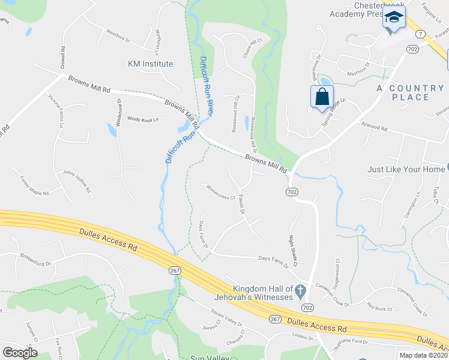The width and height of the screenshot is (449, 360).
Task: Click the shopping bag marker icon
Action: (x=322, y=97)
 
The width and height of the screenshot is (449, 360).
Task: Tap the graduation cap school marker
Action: (x=394, y=19)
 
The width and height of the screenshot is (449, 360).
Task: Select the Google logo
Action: (x=20, y=353)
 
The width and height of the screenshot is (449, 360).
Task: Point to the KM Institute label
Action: (x=150, y=64)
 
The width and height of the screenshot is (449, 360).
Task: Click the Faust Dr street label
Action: (x=241, y=203)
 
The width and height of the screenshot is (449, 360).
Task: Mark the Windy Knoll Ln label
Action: (x=142, y=119)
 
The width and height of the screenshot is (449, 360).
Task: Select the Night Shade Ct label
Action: (x=294, y=248)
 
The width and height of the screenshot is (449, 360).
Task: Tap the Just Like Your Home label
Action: (x=406, y=169)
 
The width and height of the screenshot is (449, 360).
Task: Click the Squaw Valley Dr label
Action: (x=226, y=318)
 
